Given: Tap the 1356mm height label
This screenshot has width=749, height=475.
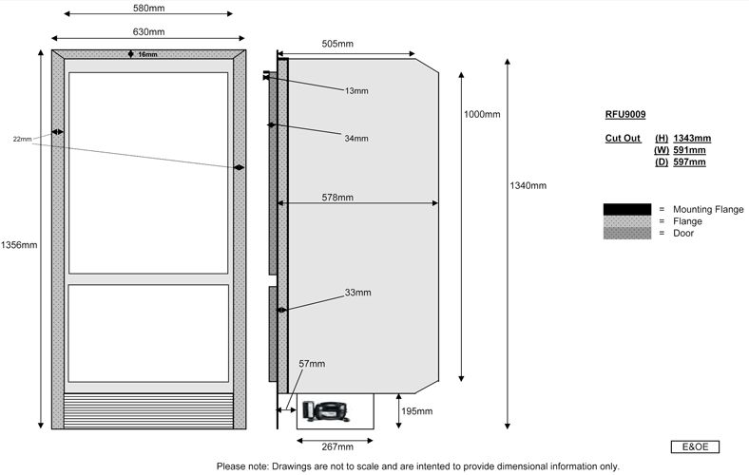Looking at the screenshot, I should (20, 245).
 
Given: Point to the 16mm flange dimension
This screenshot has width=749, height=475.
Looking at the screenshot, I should (147, 54).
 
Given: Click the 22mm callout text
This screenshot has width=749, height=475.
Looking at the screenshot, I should (23, 140).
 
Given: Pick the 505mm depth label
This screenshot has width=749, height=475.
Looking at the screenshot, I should (337, 44).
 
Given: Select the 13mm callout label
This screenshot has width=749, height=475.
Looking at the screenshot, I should (356, 91).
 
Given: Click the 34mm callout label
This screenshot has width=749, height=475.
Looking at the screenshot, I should (356, 139).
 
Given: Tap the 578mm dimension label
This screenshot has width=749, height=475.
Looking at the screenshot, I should (337, 198).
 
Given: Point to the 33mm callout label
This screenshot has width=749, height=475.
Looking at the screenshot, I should (357, 293).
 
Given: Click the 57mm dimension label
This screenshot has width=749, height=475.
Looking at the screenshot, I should (312, 364).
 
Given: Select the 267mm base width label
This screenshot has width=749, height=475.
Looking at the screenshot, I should (338, 446).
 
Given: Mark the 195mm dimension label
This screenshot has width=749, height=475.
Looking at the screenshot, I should (416, 411).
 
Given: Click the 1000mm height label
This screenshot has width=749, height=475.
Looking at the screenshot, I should (482, 115).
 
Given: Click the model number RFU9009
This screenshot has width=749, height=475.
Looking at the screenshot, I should (625, 115).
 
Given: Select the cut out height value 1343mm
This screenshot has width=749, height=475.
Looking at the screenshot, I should (691, 139).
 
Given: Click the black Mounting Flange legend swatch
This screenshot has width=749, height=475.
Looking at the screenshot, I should (626, 209).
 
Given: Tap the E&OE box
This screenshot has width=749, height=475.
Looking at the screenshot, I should (695, 446).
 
